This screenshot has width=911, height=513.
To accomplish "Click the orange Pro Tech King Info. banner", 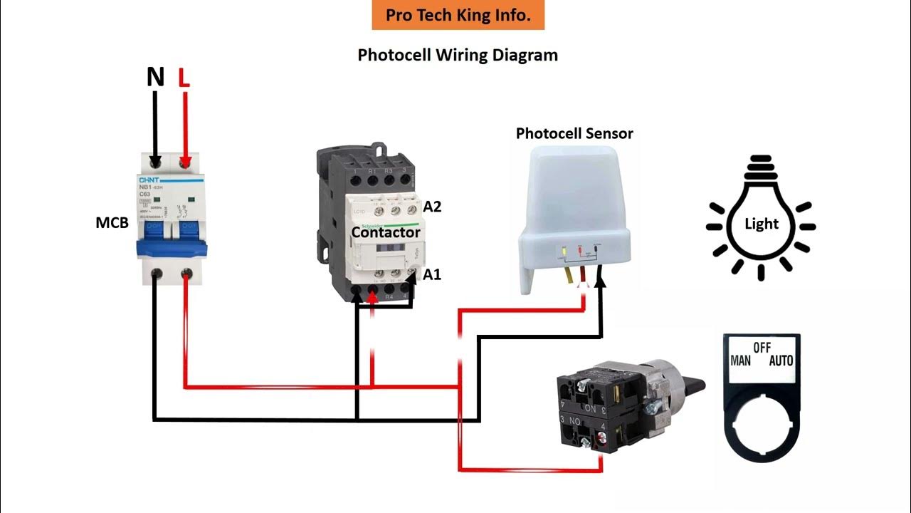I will coord(458,15).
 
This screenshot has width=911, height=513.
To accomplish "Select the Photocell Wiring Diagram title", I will coord(458,55).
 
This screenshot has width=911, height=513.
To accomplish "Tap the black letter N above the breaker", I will coord(155,77).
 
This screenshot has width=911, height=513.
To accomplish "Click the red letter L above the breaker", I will coord(184,77).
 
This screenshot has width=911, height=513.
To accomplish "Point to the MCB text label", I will coord(112,223).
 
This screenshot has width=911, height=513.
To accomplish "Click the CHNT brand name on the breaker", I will coord(149,181).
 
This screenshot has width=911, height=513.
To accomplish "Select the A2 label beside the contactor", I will coord(432,207).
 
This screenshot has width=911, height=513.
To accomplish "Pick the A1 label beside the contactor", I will coord(432,274).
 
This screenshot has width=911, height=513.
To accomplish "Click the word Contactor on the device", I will coord(386,232).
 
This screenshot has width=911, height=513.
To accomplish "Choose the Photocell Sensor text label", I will coord(574,133).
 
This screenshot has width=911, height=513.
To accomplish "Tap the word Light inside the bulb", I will coord(761,224).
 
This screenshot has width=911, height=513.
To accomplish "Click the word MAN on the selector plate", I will coord(741,361).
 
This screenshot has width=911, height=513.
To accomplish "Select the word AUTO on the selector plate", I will coord(781,361).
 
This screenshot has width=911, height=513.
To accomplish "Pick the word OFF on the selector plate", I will coord(762,348).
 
